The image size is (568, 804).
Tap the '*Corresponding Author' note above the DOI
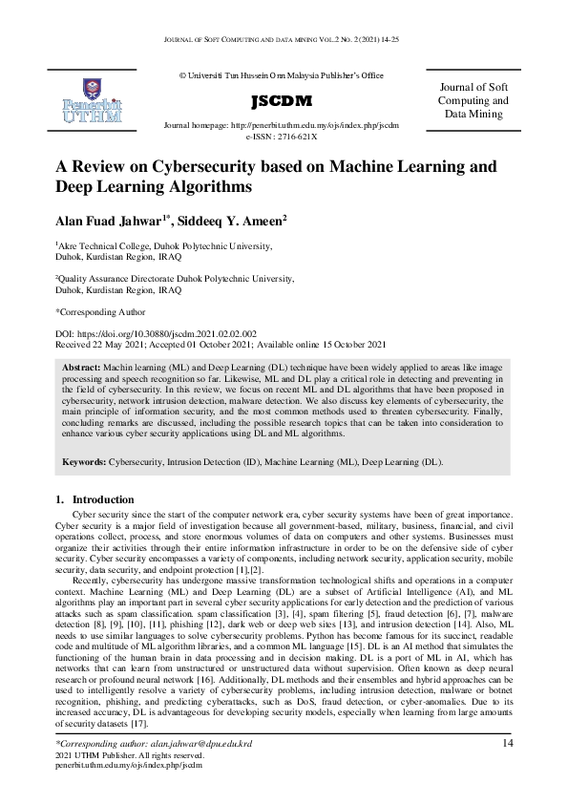tap(101, 311)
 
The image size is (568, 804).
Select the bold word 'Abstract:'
tap(87, 367)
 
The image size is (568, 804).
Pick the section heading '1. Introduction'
tap(95, 499)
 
